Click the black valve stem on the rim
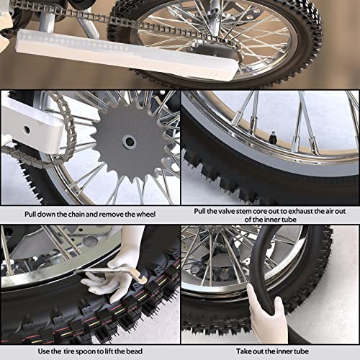[273, 138]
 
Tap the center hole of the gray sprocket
[130, 142]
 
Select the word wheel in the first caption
[146, 214]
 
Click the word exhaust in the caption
[300, 211]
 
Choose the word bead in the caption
[134, 351]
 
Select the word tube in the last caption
[302, 351]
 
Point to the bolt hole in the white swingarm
[27, 130]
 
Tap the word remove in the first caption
[112, 214]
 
